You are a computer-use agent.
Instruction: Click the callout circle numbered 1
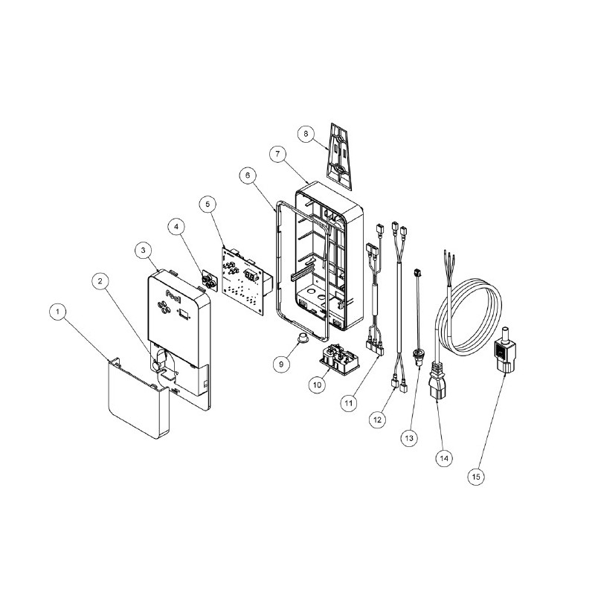coord(58,312)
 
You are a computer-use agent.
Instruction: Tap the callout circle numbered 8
coord(306,134)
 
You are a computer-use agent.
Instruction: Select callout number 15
coord(476,477)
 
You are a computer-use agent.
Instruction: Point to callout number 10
coord(318,385)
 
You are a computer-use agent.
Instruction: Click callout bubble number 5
coord(208,204)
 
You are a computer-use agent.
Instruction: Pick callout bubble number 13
coord(408,438)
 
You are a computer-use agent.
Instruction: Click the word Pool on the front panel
coord(174,293)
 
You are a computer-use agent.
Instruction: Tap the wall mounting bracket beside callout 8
coord(340,155)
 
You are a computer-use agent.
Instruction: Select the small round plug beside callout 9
coord(303,337)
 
